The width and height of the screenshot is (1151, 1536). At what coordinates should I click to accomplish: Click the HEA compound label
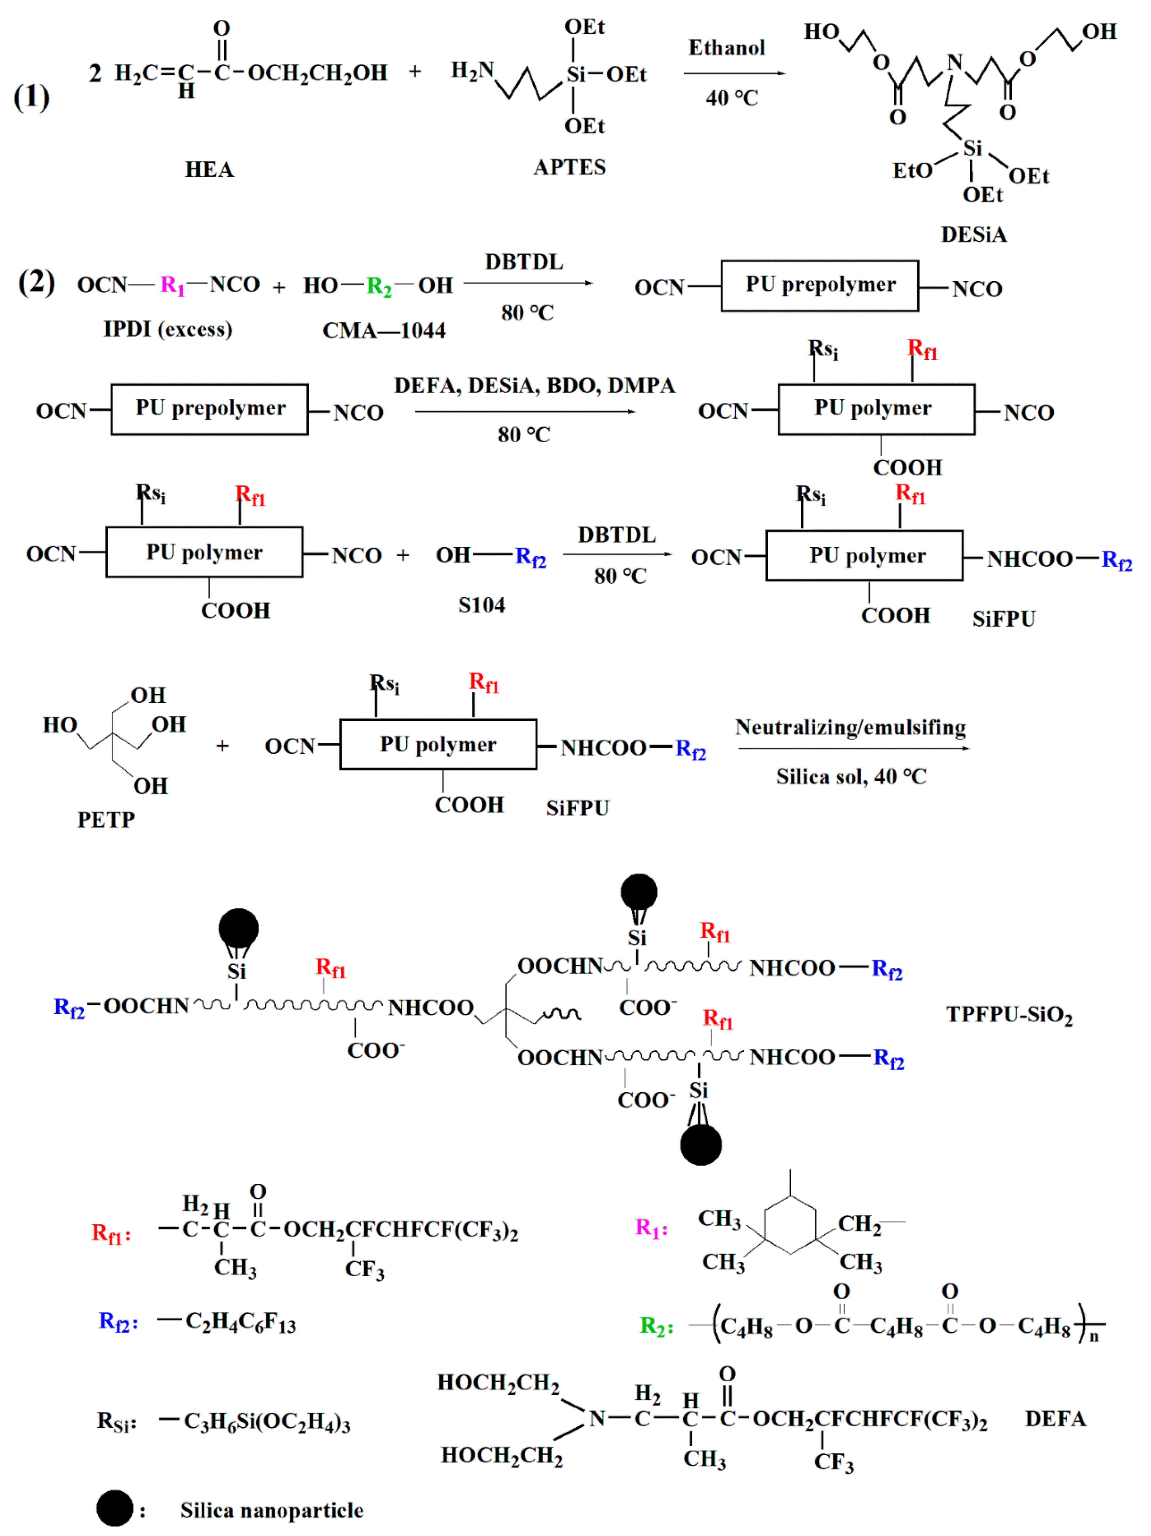(x=209, y=169)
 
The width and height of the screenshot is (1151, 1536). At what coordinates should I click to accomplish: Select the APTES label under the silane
(x=569, y=167)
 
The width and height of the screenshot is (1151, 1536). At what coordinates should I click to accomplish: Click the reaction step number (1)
(x=32, y=97)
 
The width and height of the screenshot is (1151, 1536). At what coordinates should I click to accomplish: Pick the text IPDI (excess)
(x=168, y=329)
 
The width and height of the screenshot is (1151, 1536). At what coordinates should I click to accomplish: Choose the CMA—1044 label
(x=383, y=331)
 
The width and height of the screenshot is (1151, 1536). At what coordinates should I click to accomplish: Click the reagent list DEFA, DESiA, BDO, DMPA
(x=534, y=385)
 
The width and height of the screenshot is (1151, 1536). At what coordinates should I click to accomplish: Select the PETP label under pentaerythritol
(x=105, y=819)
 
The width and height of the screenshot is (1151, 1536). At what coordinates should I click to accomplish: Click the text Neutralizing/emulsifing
(x=850, y=727)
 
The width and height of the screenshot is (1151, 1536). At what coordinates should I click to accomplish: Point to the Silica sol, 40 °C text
(x=851, y=776)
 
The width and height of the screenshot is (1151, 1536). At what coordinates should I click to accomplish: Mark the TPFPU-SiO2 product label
(x=1008, y=1015)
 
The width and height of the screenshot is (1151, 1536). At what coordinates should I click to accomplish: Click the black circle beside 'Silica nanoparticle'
(x=115, y=1508)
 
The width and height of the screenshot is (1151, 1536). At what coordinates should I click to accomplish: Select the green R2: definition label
(x=656, y=1325)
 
